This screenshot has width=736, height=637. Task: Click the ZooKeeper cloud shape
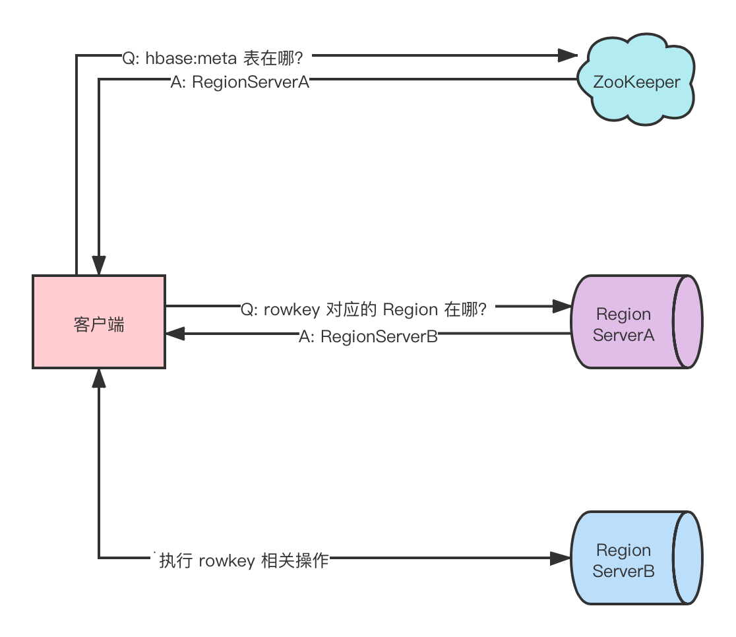636,82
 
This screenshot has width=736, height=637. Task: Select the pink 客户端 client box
99,322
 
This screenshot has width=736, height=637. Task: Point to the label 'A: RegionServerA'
240,82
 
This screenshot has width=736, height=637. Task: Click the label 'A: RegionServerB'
368,336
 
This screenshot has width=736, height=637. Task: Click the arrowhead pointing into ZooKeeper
568,55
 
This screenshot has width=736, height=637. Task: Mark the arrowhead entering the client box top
99,266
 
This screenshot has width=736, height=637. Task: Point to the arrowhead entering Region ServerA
561,306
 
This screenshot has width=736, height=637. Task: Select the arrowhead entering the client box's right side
175,334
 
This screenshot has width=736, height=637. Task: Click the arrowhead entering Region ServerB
561,559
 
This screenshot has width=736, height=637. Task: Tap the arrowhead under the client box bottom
99,378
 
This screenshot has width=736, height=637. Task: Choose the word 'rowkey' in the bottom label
226,561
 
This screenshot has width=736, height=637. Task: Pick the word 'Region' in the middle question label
410,309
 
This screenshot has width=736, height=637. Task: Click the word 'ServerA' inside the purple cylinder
623,335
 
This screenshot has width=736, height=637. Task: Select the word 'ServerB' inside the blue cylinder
623,571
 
